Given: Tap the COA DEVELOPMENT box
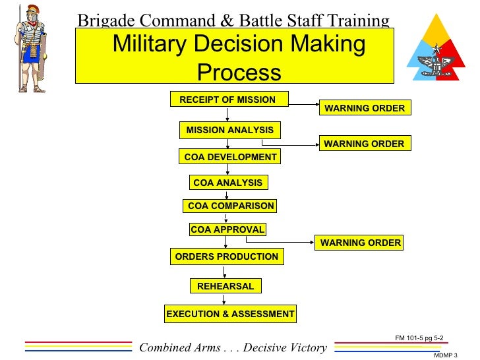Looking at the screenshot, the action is click(229, 157).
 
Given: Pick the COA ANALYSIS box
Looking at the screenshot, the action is click(227, 183).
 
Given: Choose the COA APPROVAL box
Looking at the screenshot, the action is click(227, 229).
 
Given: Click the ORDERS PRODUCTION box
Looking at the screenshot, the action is click(227, 256).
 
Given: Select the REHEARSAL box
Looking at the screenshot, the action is click(225, 286).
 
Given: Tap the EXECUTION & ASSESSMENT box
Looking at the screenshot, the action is click(230, 314).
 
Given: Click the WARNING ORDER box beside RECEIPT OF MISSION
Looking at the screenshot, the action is click(365, 108).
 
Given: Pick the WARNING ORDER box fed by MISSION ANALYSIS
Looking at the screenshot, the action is click(365, 143).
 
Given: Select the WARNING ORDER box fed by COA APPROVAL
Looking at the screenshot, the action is click(360, 243).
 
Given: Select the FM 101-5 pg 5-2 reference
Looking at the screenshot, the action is click(419, 338).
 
